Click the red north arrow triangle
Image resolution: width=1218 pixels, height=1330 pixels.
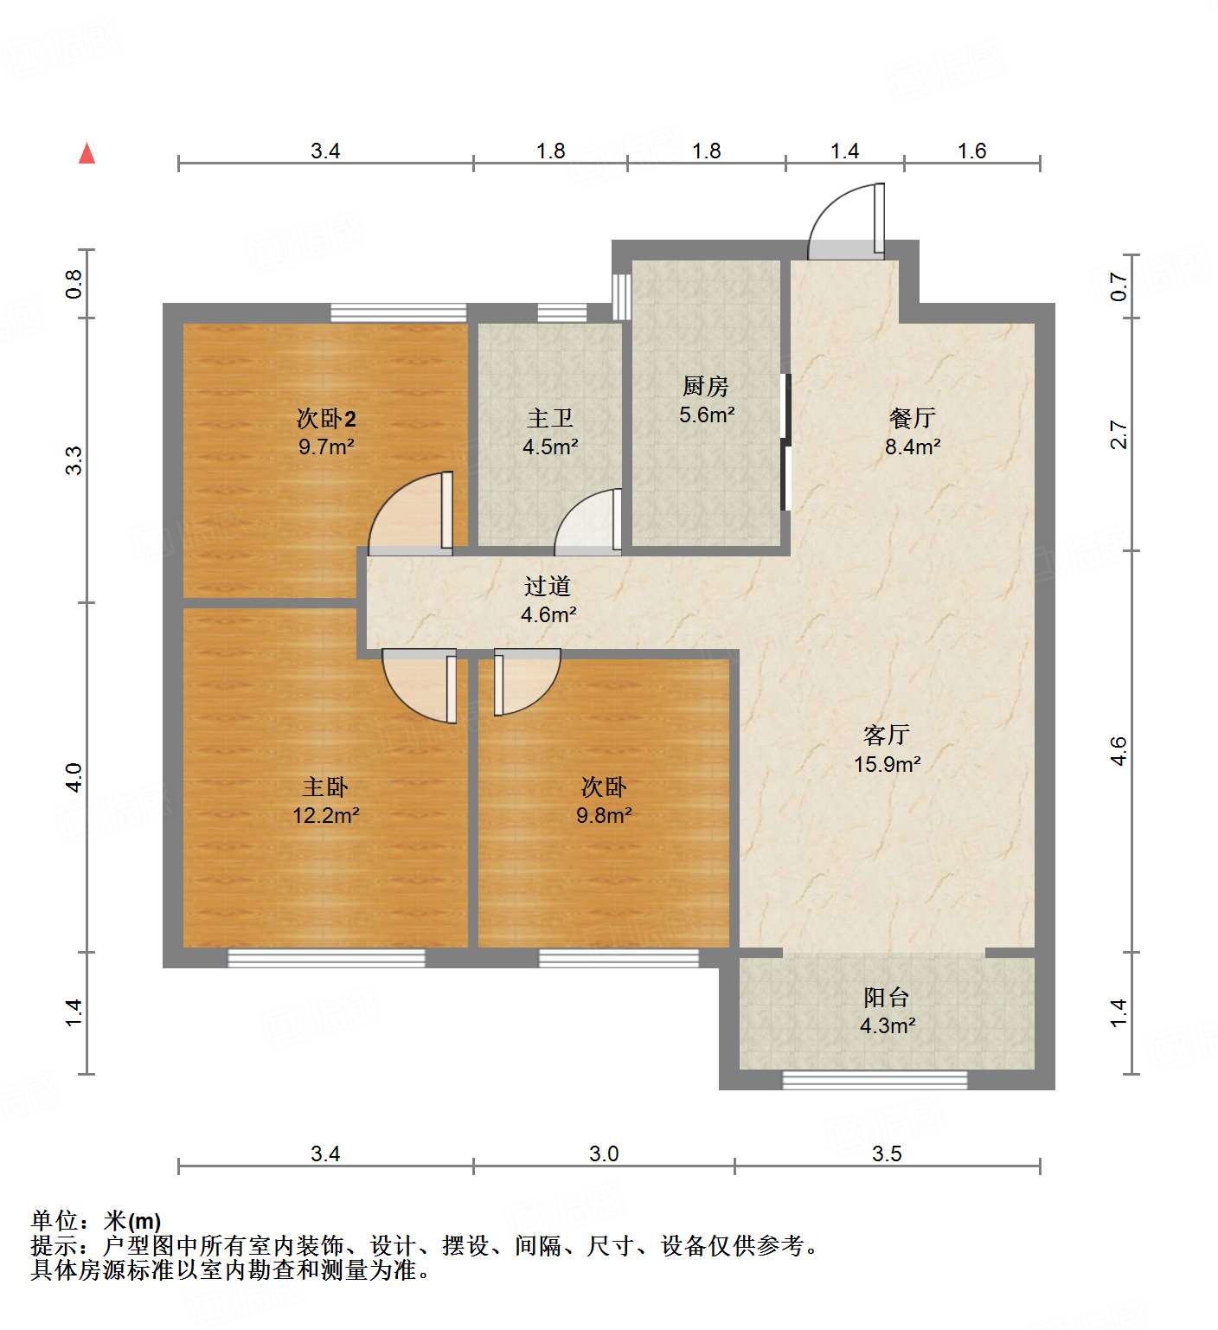[x=87, y=153]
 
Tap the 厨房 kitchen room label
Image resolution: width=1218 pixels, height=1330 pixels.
[x=706, y=386]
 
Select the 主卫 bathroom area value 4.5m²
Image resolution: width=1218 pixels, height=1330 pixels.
[x=550, y=447]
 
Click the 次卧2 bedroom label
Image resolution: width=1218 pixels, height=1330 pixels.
[x=326, y=419]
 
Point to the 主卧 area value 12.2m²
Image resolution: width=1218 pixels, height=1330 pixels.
[x=326, y=815]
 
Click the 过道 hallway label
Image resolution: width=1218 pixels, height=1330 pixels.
[x=548, y=587]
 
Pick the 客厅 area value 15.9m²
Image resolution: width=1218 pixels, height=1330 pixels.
[x=887, y=764]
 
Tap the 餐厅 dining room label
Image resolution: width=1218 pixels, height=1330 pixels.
[x=913, y=418]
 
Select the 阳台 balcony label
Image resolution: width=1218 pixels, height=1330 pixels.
[x=887, y=998]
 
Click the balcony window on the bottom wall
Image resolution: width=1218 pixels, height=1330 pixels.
[x=875, y=1080]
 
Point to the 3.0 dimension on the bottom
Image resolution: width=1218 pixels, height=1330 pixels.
[x=604, y=1153]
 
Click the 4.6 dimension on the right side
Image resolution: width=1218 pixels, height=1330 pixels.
[x=1119, y=750]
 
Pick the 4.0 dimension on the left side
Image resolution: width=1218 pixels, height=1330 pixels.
[x=74, y=776]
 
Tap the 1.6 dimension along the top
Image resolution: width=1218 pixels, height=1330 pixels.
[x=971, y=151]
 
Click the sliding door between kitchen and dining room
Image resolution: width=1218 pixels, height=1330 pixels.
[x=785, y=441]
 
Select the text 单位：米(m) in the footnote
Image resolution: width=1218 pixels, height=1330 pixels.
[x=96, y=1221]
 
